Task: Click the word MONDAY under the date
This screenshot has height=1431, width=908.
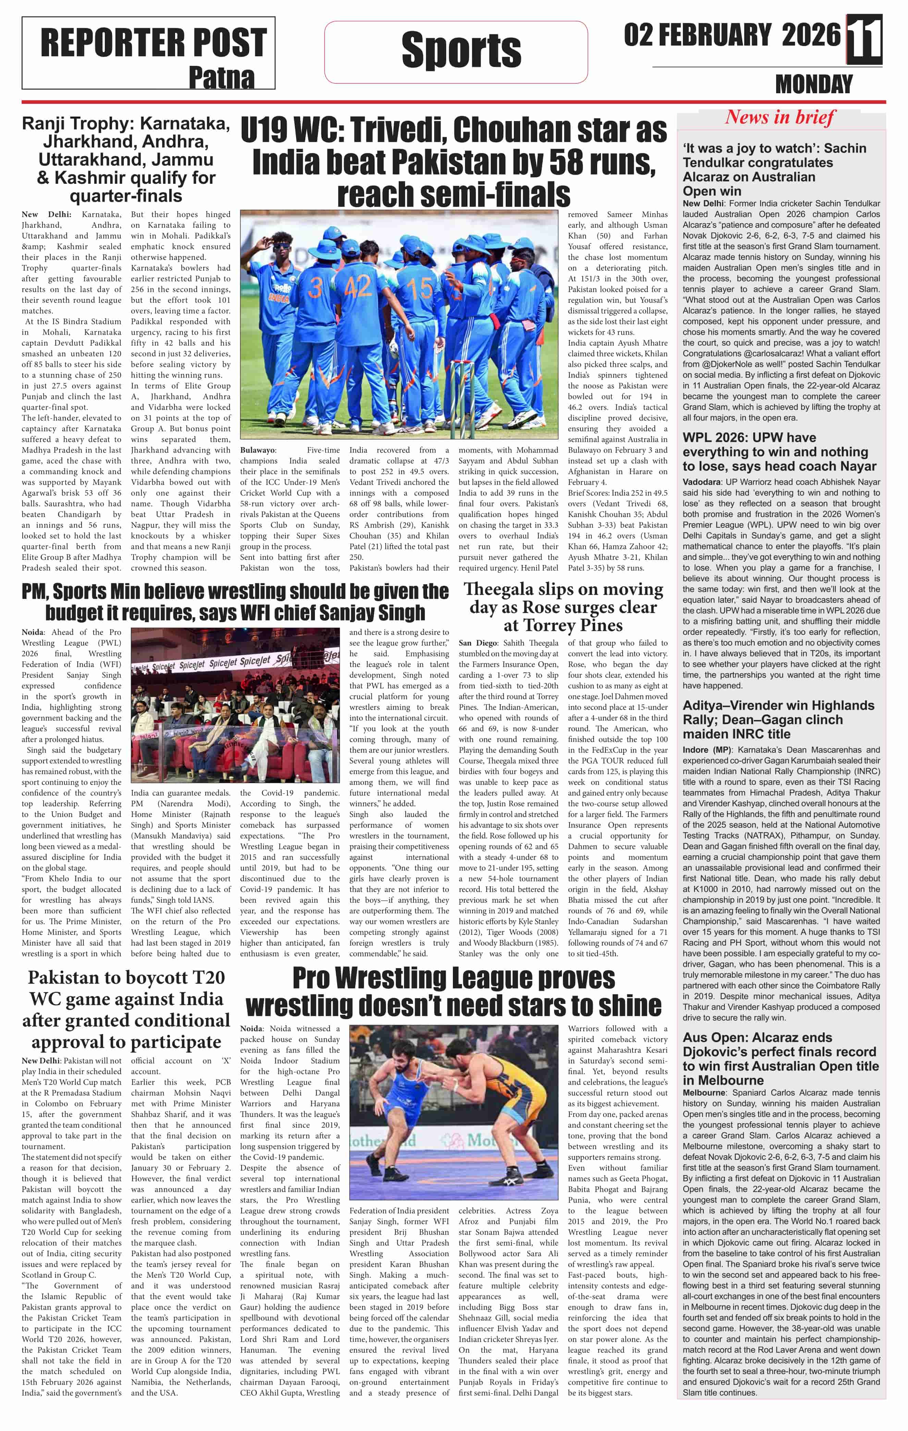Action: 813,84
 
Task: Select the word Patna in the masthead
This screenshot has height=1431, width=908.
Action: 221,78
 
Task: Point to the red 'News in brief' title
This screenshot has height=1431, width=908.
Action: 780,117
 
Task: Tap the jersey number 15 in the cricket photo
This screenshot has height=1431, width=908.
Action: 420,289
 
